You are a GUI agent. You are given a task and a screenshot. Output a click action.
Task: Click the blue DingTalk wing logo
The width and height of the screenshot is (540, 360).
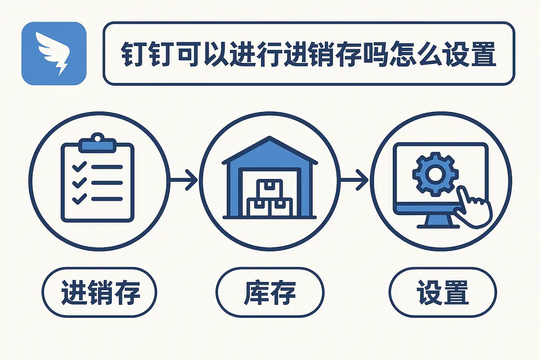click(x=54, y=53)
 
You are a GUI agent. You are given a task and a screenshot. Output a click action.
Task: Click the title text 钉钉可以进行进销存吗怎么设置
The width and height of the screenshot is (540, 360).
click(x=308, y=54)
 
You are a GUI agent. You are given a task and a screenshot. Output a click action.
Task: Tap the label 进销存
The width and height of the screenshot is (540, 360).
click(x=99, y=292)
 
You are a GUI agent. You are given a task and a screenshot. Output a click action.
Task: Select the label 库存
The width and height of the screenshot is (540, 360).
click(x=270, y=292)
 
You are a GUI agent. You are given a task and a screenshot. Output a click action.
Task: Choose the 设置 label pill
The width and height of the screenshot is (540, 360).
click(x=443, y=292)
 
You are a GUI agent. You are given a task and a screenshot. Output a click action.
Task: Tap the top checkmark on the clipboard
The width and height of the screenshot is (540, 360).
click(x=79, y=167)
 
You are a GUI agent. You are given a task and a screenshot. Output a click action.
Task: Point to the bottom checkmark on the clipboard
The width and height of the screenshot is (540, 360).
click(x=79, y=199)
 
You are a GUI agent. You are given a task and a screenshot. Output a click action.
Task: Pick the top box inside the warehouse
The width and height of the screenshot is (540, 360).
click(x=270, y=189)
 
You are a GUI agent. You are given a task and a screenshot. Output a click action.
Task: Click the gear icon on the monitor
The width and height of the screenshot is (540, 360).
click(x=435, y=174)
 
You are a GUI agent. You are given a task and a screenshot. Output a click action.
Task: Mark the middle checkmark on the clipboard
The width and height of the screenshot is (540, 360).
click(x=79, y=182)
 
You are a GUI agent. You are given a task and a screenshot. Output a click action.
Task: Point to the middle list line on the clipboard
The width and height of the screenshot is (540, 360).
click(x=107, y=183)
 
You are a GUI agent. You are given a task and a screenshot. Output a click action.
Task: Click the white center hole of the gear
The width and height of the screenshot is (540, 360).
click(x=435, y=174)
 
